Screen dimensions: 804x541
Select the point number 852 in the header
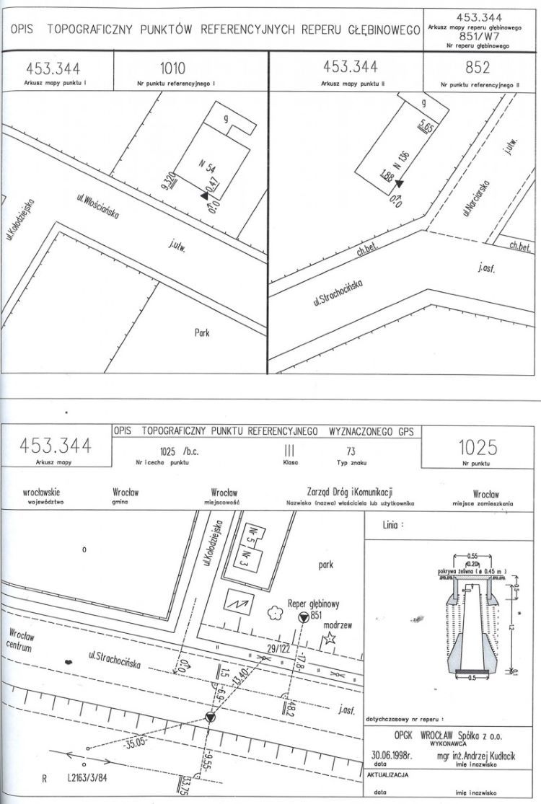(478, 69)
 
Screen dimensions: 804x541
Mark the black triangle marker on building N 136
(397, 183)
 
